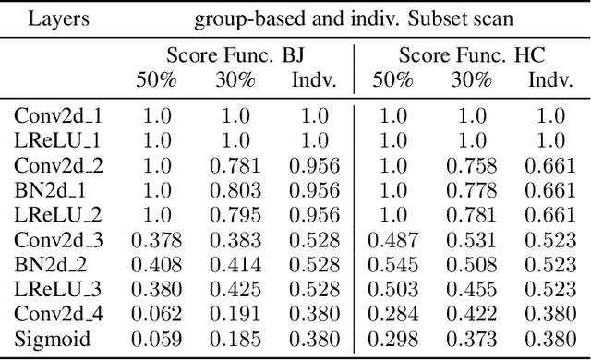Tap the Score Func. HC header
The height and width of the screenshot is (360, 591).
471,55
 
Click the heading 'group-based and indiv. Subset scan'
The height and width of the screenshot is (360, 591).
354,18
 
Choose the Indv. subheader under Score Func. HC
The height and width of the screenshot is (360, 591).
550,79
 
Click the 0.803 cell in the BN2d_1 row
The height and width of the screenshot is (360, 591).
235,190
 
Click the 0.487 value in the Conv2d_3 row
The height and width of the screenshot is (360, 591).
393,239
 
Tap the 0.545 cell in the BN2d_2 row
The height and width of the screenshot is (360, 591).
393,263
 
